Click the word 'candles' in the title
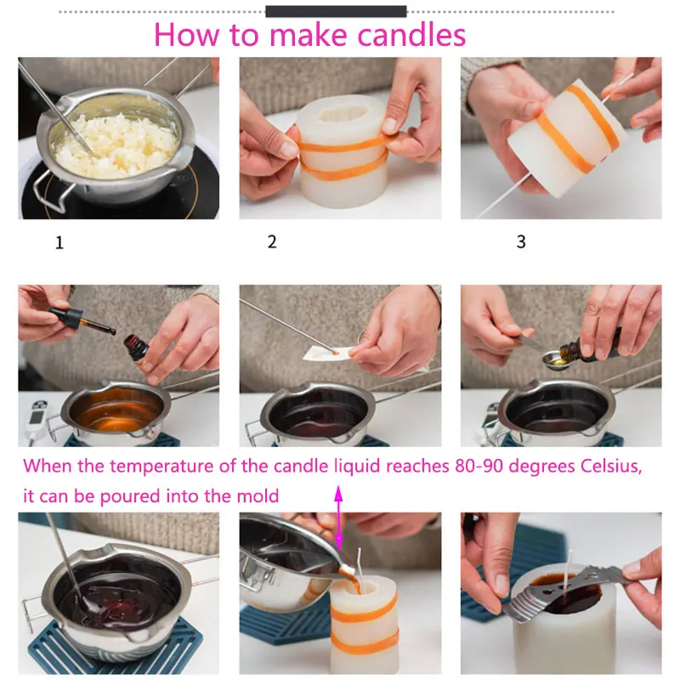point(411,35)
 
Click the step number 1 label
point(59,242)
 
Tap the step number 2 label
point(272,241)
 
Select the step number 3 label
point(521,241)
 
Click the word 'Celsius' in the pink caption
point(610,466)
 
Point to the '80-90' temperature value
point(479,466)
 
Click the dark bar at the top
point(336,12)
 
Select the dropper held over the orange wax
point(82,320)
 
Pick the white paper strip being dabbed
point(330,354)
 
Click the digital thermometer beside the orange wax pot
point(37,421)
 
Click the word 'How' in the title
point(187,35)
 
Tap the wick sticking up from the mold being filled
point(360,564)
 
